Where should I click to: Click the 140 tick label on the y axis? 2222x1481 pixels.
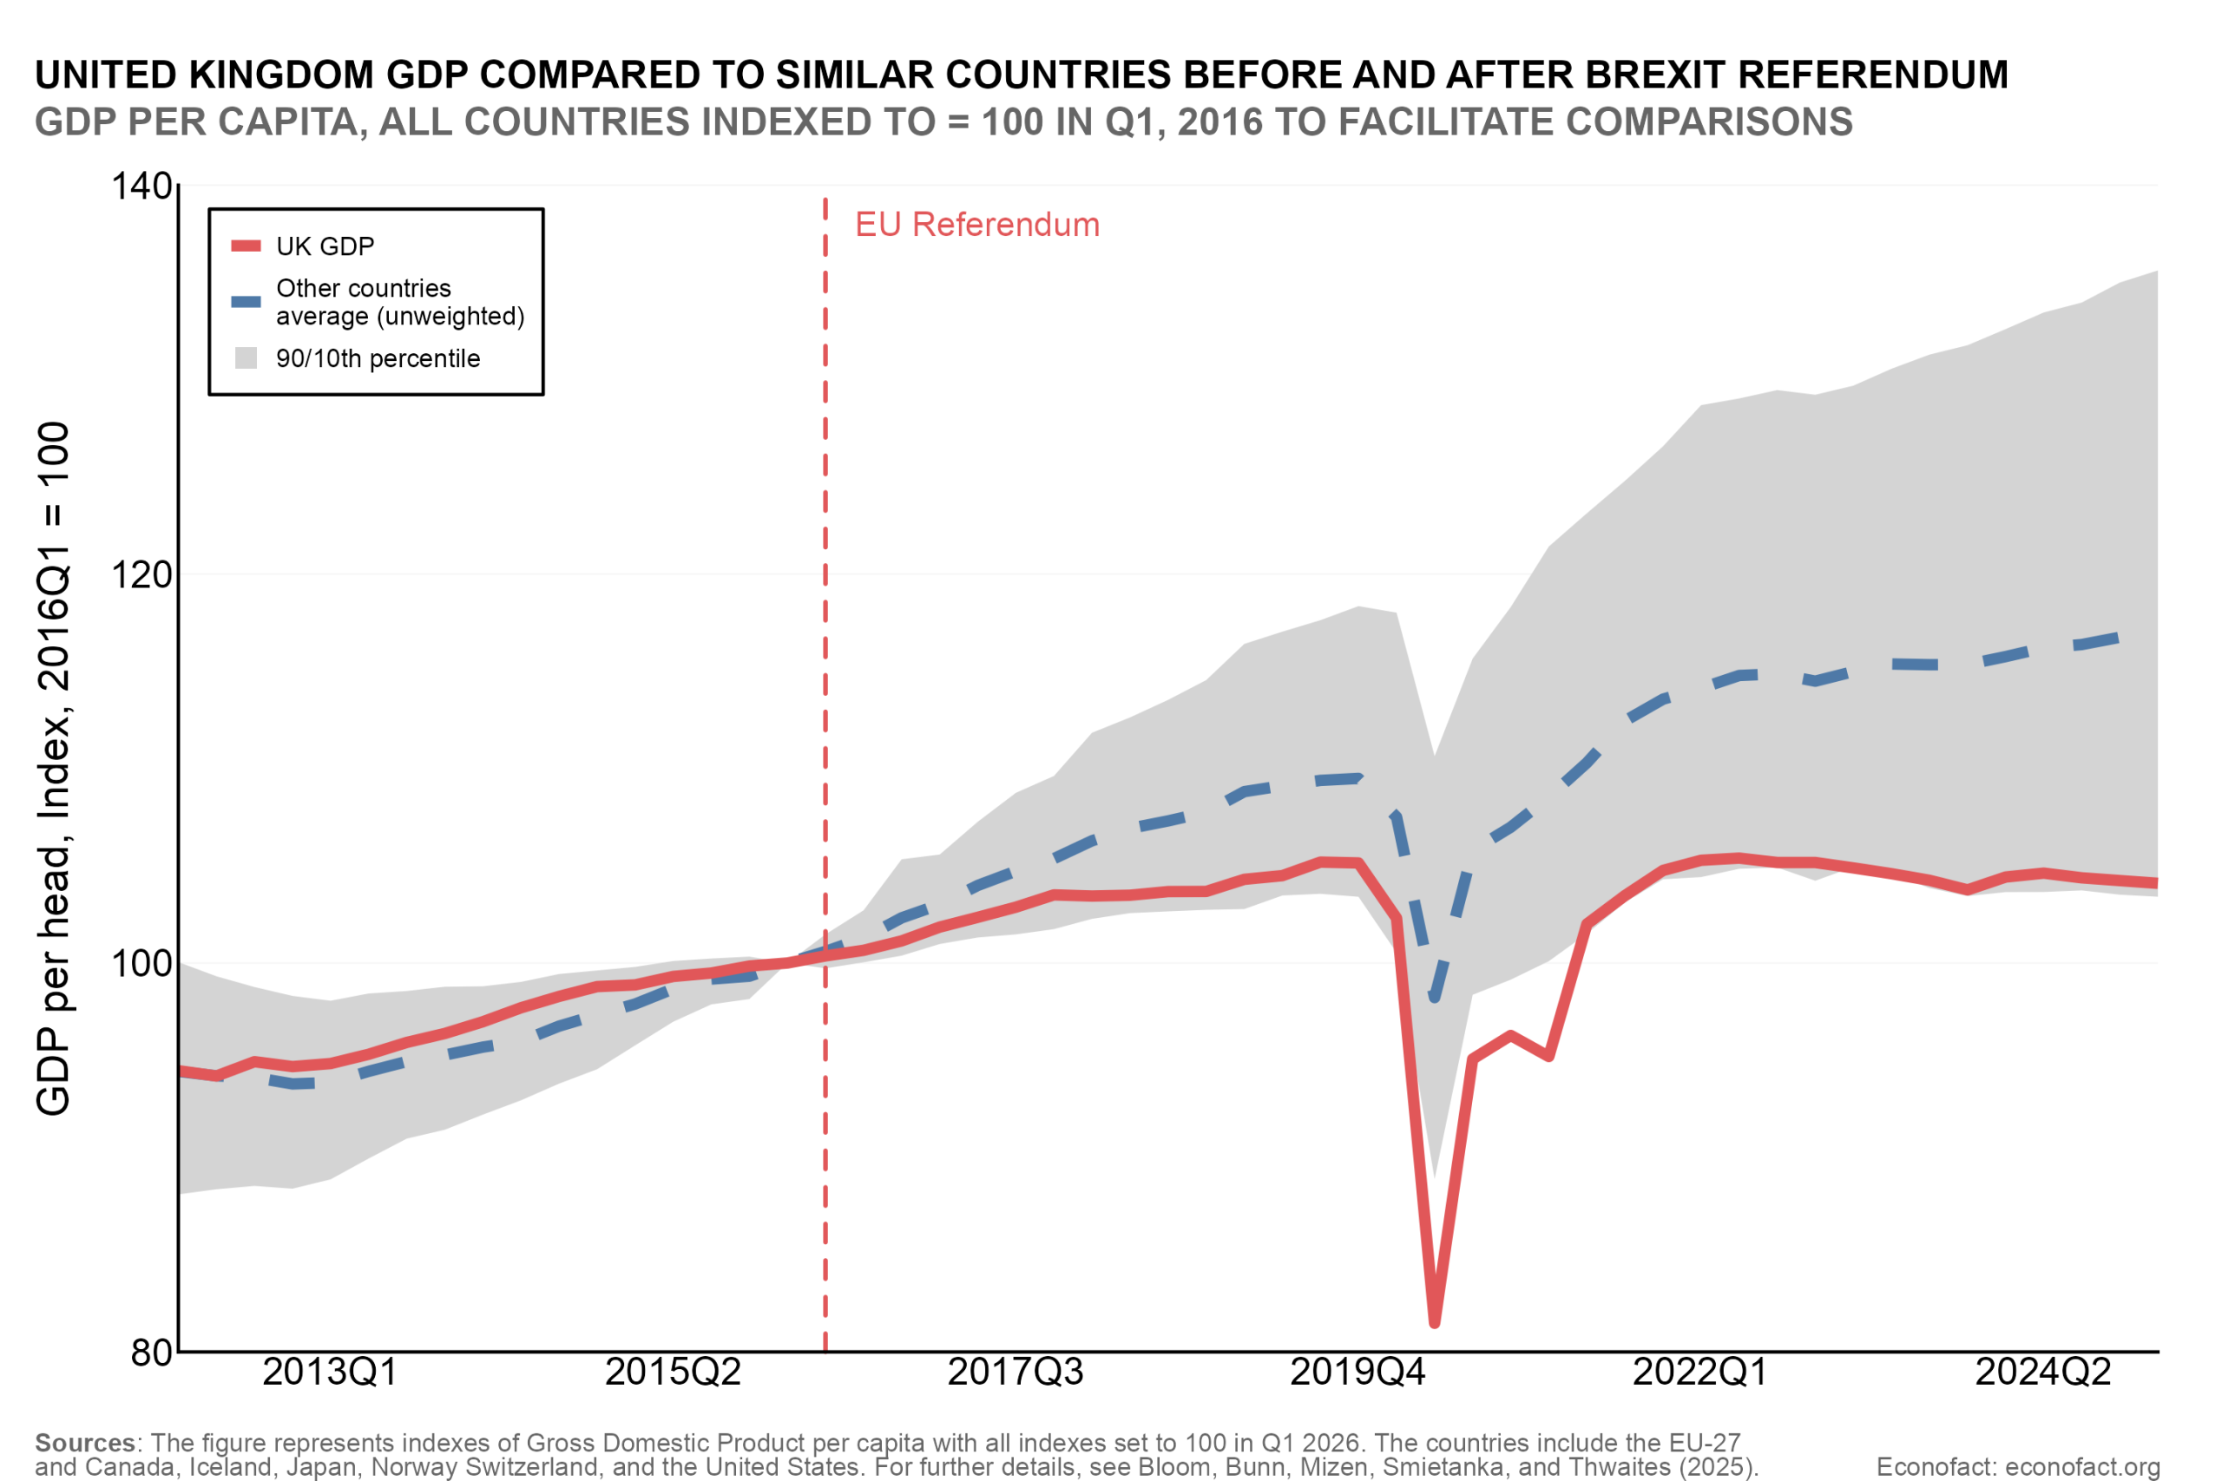pos(142,186)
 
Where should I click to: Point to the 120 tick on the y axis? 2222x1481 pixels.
pos(142,574)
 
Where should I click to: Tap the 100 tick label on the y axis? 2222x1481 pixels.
pos(142,963)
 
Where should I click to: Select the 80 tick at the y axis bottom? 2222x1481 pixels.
pos(152,1353)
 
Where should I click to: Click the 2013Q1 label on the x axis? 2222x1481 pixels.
pos(330,1373)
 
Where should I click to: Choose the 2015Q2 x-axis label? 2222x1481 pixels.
pos(673,1373)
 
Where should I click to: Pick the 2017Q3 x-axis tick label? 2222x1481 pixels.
pos(1016,1373)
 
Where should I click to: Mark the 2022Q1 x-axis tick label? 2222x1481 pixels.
pos(1700,1373)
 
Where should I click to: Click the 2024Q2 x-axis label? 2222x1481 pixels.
pos(2043,1373)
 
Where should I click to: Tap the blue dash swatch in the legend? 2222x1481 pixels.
pos(246,302)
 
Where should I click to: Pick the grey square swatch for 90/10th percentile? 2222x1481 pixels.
pos(246,358)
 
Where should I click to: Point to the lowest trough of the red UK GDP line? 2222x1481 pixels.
pos(1434,1320)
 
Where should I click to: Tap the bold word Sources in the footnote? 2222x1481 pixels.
pos(85,1443)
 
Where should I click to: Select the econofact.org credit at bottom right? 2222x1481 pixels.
pos(2018,1467)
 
